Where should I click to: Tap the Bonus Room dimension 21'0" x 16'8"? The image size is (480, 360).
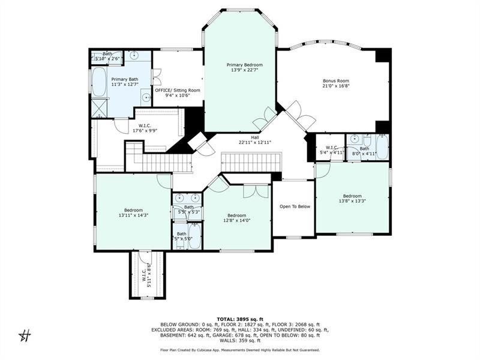click(x=335, y=86)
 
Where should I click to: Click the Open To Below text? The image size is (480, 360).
click(x=295, y=206)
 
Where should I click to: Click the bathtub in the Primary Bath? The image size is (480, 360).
click(x=99, y=82)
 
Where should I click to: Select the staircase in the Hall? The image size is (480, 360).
click(x=251, y=161)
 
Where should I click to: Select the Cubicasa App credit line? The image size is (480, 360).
click(x=240, y=350)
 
